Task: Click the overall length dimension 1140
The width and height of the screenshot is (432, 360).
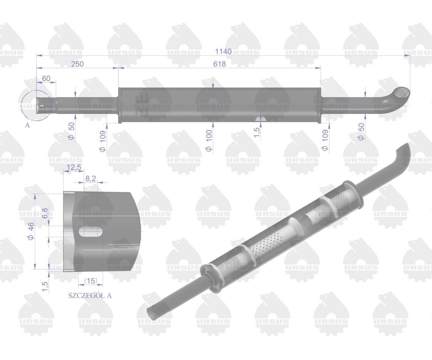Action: tap(223, 51)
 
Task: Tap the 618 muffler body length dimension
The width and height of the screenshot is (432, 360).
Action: tap(219, 64)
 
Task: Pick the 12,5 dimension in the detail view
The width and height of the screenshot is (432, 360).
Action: tap(73, 167)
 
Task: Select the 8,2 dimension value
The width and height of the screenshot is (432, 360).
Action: tap(90, 177)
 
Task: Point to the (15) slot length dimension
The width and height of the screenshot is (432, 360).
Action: tap(90, 280)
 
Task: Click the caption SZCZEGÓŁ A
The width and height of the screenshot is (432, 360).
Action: tap(90, 296)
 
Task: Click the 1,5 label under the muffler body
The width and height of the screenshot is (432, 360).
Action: tap(257, 132)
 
